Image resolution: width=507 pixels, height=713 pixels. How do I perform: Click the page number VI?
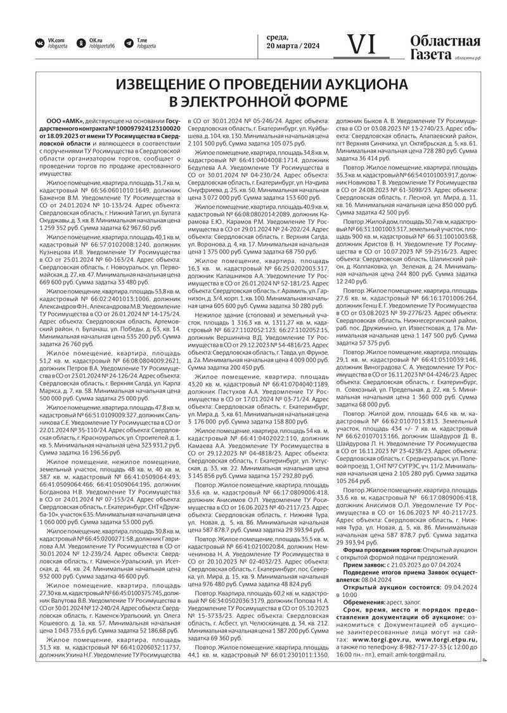tap(362, 45)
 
